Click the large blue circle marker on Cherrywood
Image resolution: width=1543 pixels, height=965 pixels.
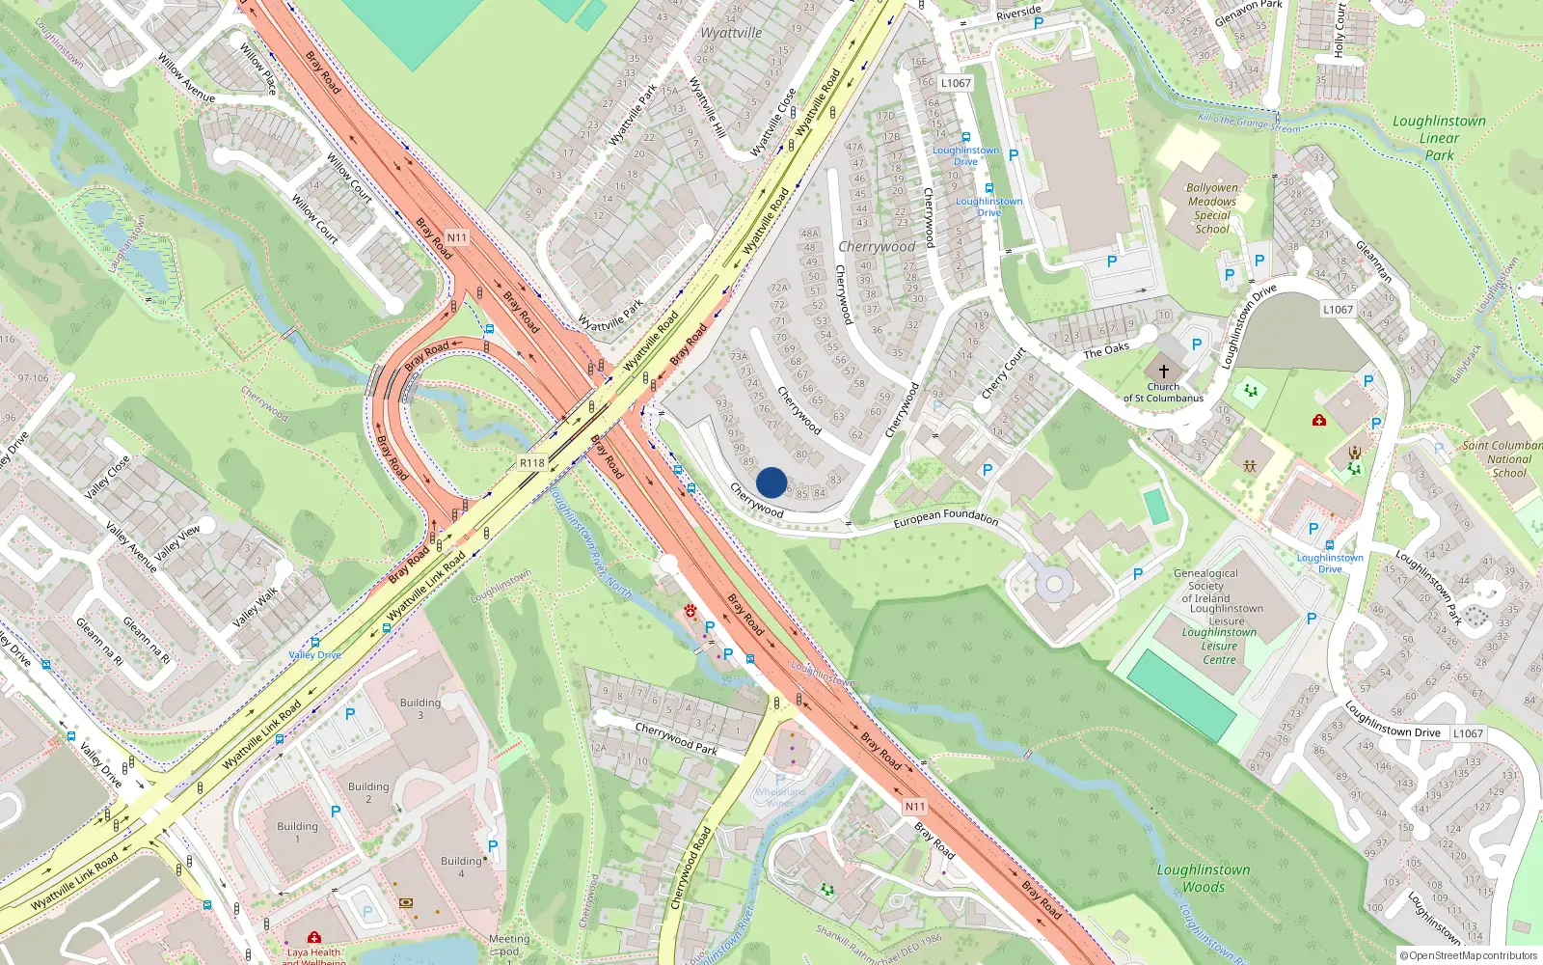pos(771,482)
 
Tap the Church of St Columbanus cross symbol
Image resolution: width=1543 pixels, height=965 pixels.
pos(1164,372)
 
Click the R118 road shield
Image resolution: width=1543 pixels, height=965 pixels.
pos(532,463)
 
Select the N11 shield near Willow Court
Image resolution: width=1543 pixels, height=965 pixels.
pos(456,237)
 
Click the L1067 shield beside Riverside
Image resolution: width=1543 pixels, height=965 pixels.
pos(956,83)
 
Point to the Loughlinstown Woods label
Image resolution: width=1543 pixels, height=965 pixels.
pos(1204,878)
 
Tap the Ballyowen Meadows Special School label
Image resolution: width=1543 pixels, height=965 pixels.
pos(1212,208)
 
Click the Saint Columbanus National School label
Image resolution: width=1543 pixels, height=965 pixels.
pos(1507,458)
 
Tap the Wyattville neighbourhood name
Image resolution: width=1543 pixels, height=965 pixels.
pos(731,33)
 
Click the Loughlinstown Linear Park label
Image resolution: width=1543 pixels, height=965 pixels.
pos(1439,138)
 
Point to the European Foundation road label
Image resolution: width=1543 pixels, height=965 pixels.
pos(946,518)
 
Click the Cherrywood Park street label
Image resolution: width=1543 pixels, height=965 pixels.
pos(676,737)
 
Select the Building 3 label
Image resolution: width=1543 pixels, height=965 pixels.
pos(420,708)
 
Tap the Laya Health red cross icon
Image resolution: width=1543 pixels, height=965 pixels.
pos(313,937)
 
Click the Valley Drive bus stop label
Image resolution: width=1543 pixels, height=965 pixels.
pos(314,654)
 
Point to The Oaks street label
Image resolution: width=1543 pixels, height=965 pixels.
pos(1106,350)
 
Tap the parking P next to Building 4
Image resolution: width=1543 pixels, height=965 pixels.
pos(493,846)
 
